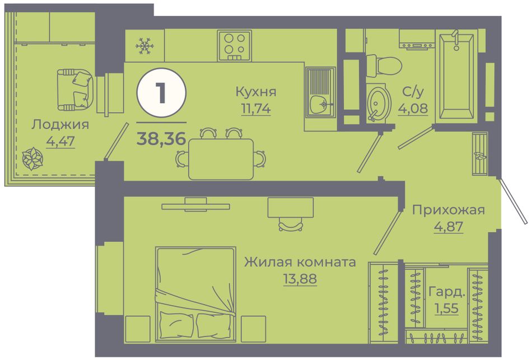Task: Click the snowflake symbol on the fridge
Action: (145, 46)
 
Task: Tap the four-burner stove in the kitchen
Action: (235, 46)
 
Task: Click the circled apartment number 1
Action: (161, 93)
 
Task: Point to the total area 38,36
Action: (161, 138)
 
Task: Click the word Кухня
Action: (256, 92)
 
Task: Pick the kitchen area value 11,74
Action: (256, 109)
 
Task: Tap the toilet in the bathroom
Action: (384, 66)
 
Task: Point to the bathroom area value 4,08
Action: (413, 109)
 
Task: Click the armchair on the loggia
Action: (74, 90)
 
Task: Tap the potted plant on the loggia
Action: (32, 158)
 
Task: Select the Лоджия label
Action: (60, 125)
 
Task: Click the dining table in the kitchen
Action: (221, 159)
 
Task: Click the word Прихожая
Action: (449, 210)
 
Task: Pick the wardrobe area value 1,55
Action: (447, 308)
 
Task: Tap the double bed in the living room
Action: (196, 294)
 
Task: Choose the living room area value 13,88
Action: (300, 279)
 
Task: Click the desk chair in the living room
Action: (291, 224)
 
